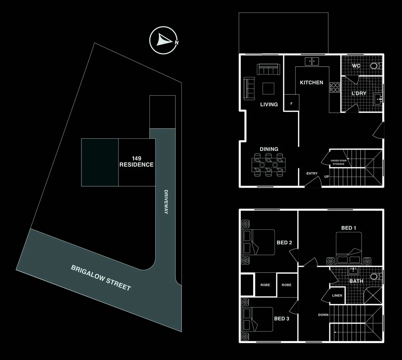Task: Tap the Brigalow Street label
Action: point(101,278)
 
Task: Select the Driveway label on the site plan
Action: point(166,202)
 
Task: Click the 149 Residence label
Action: point(136,162)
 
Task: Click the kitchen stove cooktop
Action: point(335,87)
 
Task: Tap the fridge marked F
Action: point(291,104)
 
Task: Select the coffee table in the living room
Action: point(269,89)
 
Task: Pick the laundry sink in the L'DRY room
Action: point(379,99)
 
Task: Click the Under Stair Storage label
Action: point(338,162)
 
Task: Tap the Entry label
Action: point(312,173)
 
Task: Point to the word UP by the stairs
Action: point(327,177)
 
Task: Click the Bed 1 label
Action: point(349,228)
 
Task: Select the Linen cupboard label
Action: point(337,296)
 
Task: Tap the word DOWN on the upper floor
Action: point(323,315)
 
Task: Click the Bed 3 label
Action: point(282,319)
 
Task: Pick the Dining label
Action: point(269,149)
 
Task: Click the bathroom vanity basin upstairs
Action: point(353,270)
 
